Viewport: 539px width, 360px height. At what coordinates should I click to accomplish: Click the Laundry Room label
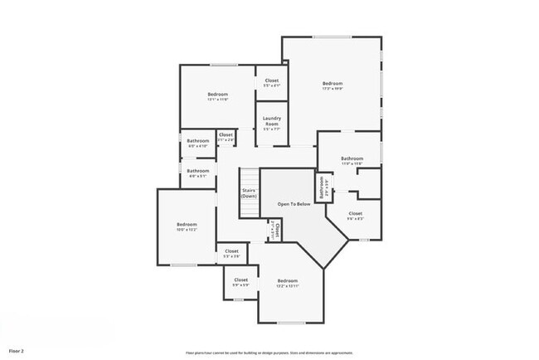pyautogui.click(x=271, y=122)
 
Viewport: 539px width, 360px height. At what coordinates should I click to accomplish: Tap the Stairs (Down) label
pyautogui.click(x=249, y=192)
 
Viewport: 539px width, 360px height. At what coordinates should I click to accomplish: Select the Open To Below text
pyautogui.click(x=294, y=202)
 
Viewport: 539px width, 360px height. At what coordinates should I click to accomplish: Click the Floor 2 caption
pyautogui.click(x=16, y=352)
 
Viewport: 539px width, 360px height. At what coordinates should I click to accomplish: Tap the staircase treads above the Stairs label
pyautogui.click(x=249, y=177)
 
